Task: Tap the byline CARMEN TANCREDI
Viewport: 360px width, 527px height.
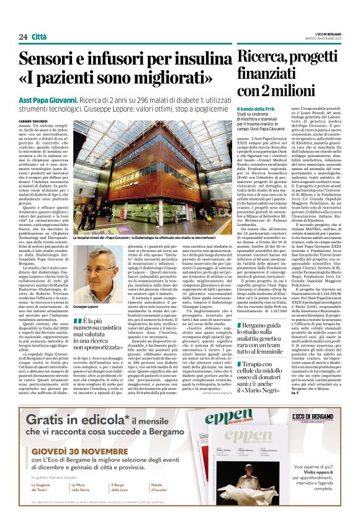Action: (x=34, y=121)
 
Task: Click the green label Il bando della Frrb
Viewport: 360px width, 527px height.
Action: (x=275, y=110)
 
